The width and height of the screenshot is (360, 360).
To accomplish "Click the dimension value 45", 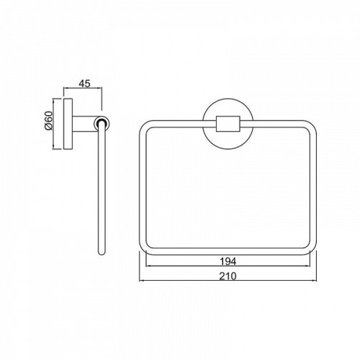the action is pos(84,84).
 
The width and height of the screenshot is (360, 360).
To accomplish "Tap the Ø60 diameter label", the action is pos(48,120).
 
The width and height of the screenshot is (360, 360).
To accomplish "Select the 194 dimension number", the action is pos(228,261).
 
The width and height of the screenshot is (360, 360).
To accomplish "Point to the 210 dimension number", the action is pos(228,276).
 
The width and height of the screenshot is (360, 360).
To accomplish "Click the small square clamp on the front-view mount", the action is pos(228,124).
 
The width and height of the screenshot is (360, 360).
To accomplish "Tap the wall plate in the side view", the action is pos(68,124).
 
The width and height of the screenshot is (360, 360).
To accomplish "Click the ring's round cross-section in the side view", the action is pos(102,123).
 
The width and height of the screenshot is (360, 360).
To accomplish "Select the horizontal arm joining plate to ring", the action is pos(84,124).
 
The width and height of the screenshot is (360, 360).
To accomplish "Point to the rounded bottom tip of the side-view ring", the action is pos(102,253).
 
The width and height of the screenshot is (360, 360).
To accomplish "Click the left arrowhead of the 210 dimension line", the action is pos(141,281).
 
